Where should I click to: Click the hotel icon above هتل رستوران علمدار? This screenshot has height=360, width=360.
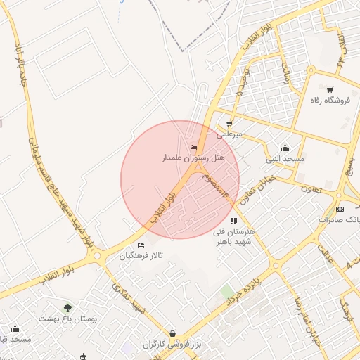193,148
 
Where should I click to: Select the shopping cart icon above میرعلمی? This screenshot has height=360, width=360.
229,124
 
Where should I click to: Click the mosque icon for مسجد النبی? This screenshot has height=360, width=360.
285,148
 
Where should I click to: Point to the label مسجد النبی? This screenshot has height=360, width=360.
285,159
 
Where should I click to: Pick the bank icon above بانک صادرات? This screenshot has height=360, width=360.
340,209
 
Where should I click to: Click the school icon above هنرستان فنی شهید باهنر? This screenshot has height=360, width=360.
233,221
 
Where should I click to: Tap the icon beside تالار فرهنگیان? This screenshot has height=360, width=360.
141,245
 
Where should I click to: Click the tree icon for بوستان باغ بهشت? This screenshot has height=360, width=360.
67,308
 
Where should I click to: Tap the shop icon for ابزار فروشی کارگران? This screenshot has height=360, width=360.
172,333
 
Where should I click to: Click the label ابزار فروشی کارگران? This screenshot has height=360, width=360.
173,345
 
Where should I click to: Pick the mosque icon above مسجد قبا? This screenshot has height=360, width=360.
15,328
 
